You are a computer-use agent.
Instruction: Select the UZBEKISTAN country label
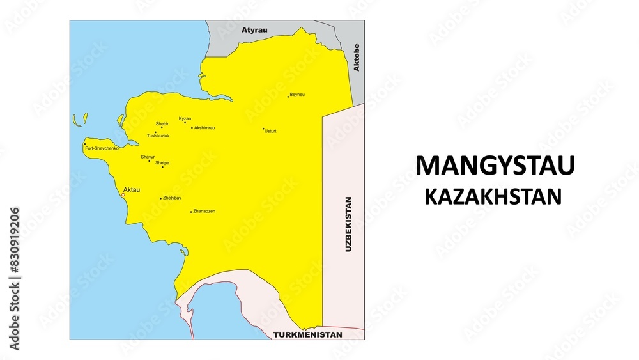[348, 224]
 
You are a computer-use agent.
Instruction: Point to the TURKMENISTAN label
[307, 334]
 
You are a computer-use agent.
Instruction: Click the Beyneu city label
[297, 95]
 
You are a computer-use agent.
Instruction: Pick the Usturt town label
[270, 131]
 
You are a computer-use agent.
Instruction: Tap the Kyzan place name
[185, 118]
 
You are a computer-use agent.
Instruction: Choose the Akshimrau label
[204, 128]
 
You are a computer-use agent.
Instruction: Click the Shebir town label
[162, 123]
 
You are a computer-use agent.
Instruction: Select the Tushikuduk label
[158, 136]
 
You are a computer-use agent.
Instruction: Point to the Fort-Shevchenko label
[102, 148]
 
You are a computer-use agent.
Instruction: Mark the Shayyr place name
[148, 157]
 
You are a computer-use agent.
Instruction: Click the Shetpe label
[162, 163]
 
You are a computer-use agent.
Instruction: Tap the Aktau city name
[131, 189]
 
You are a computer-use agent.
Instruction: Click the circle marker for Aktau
[123, 195]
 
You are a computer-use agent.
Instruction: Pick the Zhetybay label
[173, 198]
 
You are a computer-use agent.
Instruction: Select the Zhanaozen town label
[204, 211]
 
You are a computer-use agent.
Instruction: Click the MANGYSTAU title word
[495, 166]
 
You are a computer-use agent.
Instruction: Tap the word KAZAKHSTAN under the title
[493, 196]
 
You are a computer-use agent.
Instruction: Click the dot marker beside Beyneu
[288, 97]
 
